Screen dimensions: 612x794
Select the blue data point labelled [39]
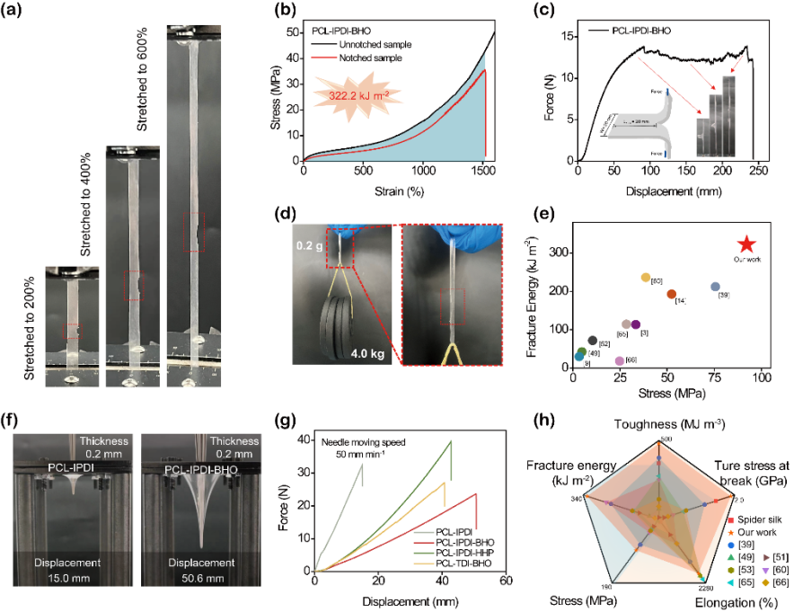[x=715, y=287]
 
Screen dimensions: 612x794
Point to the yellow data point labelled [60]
[x=645, y=278]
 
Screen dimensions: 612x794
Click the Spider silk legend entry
[x=758, y=521]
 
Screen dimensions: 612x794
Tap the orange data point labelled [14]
[x=672, y=295]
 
